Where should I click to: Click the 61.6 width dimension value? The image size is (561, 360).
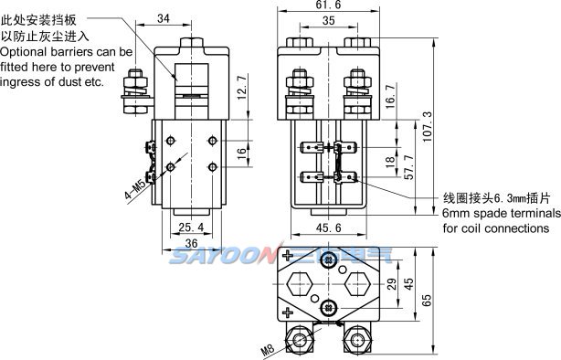[328, 5]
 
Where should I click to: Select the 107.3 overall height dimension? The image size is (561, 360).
[428, 127]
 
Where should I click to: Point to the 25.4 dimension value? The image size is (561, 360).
[191, 227]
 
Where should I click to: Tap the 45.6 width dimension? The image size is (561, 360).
[328, 228]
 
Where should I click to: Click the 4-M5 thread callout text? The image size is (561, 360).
[135, 189]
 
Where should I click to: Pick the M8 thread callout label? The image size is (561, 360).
[268, 350]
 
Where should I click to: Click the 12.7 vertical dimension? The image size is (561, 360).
[242, 88]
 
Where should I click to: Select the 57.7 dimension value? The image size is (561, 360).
[409, 167]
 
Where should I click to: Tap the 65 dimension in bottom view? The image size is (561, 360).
[427, 301]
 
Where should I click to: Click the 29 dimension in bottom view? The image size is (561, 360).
[392, 284]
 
